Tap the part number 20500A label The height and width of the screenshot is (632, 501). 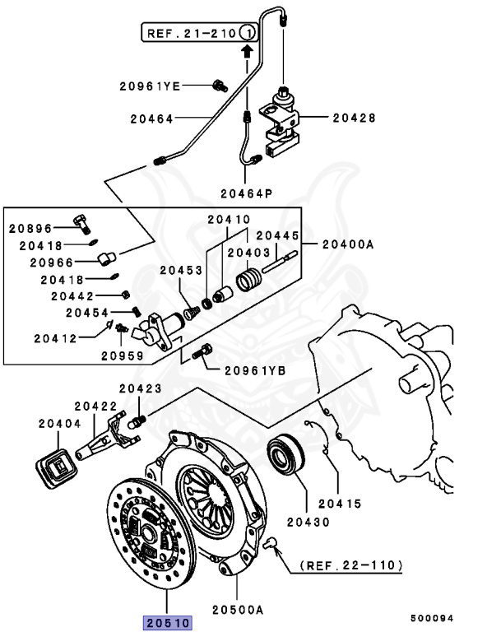coord(237,609)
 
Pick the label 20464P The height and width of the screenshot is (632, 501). coord(247,193)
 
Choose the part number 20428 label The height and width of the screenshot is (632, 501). coord(354,118)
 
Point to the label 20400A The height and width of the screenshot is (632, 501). coord(348,244)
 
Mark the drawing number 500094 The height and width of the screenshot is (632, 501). coord(434,617)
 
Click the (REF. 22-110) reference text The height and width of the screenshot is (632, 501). coord(350,565)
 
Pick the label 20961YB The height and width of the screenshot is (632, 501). coord(253,371)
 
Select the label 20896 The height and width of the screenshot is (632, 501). coord(30,228)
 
